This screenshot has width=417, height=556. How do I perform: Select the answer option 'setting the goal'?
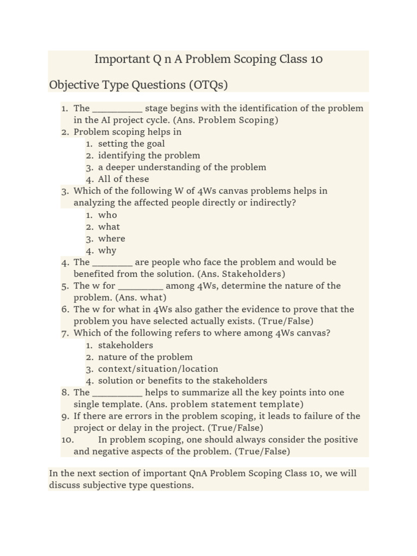[x=131, y=144]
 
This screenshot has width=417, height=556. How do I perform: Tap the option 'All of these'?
[x=123, y=179]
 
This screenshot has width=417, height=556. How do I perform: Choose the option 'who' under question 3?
[x=108, y=215]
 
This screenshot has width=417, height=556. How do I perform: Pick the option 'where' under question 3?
[x=111, y=239]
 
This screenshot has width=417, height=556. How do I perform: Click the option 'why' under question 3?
[x=108, y=251]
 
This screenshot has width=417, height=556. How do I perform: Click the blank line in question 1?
[x=117, y=109]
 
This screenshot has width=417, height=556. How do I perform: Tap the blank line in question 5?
[x=140, y=286]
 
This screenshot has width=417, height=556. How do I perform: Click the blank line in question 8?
[x=117, y=393]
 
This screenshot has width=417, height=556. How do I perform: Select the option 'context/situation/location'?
[x=158, y=369]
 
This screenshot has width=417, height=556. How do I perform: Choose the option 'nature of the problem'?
[x=145, y=357]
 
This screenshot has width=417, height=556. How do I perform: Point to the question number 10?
[x=67, y=440]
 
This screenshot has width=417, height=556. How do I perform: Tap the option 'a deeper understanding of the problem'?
[x=182, y=168]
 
